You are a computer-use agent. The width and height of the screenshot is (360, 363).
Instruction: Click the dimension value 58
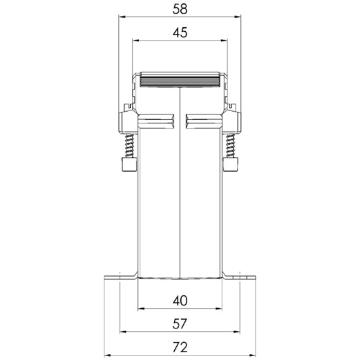tap(180, 9)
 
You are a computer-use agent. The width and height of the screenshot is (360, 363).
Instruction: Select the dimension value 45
tap(180, 33)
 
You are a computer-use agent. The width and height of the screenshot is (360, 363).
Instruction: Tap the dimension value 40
tap(180, 301)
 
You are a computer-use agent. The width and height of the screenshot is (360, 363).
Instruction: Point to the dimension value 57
tap(180, 324)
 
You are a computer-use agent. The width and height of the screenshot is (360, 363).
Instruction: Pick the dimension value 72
tap(180, 347)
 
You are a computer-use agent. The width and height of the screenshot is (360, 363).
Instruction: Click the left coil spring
tap(129, 146)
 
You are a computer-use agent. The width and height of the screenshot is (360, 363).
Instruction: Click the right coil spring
tap(231, 146)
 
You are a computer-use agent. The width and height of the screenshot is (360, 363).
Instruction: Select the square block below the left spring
tap(129, 165)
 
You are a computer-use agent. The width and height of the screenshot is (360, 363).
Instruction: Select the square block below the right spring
tap(231, 165)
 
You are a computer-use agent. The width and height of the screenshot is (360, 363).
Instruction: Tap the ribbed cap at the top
tap(180, 79)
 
